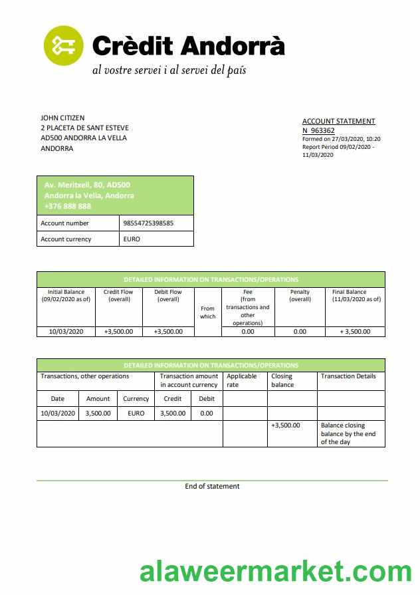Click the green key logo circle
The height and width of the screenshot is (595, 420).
click(x=64, y=45)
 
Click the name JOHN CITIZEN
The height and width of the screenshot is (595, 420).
click(x=62, y=118)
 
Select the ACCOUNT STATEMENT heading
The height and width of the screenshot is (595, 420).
click(x=338, y=121)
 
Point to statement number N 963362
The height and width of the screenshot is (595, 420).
click(x=318, y=131)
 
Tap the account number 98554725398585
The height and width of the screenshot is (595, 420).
click(x=148, y=223)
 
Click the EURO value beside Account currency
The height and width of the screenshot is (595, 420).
click(x=132, y=239)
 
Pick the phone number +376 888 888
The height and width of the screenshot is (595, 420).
click(x=68, y=206)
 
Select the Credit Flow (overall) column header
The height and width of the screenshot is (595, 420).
click(x=118, y=295)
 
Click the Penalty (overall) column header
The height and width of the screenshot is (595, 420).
click(x=300, y=295)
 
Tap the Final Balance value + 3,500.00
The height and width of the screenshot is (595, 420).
click(x=356, y=331)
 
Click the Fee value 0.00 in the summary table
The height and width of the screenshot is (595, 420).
click(x=248, y=331)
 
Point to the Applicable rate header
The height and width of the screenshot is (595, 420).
click(x=241, y=380)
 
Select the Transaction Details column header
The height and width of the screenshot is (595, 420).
click(x=348, y=376)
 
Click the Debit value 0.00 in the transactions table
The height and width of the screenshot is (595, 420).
click(x=207, y=413)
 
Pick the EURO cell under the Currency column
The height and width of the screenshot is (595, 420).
click(x=136, y=413)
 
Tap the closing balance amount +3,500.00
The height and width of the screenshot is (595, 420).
click(x=286, y=425)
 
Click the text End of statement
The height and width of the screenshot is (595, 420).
click(x=212, y=486)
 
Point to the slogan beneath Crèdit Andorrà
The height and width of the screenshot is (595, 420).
click(x=169, y=70)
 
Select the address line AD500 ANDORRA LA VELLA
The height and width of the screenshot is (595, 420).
click(x=84, y=138)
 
